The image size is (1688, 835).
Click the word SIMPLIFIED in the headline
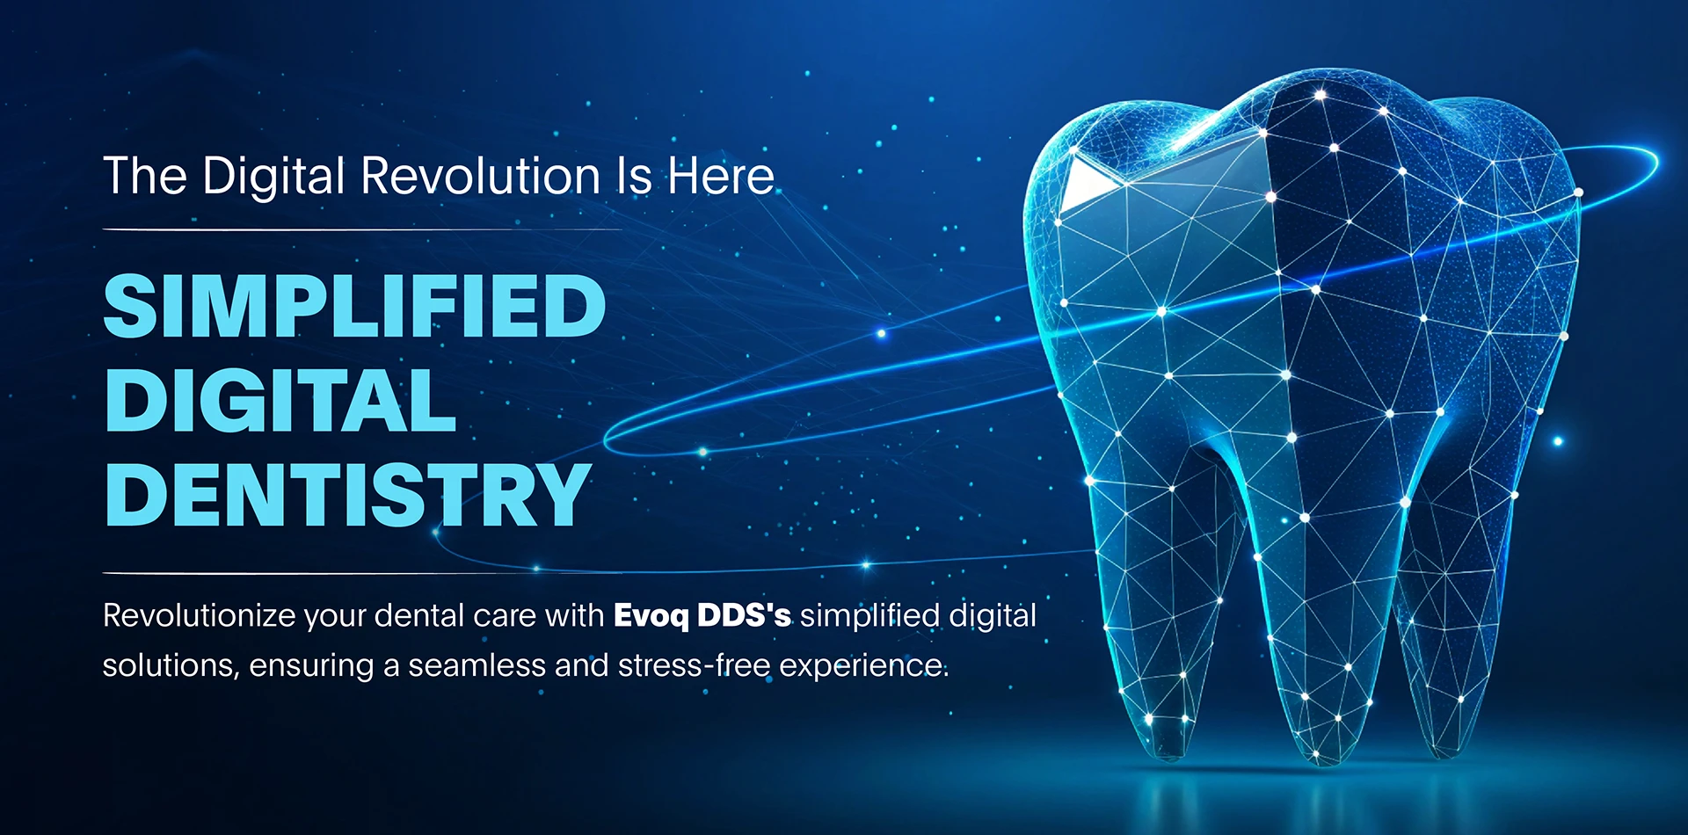(354, 306)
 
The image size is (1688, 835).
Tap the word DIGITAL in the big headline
(280, 401)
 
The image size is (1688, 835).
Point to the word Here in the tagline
(721, 176)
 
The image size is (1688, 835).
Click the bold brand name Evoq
(651, 616)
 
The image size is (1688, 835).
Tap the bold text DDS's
(744, 615)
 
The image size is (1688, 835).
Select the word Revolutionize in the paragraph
(199, 616)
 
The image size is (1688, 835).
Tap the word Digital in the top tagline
(273, 178)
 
